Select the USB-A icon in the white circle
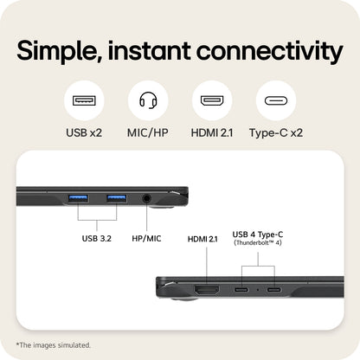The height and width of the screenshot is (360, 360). click(84, 100)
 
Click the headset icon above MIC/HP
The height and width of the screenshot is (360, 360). click(148, 100)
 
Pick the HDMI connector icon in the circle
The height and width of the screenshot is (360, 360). click(212, 100)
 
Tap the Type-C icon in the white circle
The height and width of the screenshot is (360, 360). click(276, 100)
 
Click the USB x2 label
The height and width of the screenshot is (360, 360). click(84, 133)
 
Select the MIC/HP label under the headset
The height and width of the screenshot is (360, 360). click(148, 133)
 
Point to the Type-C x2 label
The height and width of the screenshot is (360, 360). click(276, 133)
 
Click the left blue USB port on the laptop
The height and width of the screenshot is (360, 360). click(78, 199)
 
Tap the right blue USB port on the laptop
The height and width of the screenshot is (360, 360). click(117, 199)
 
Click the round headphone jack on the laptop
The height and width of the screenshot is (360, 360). click(147, 198)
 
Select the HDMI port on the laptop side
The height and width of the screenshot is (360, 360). click(207, 290)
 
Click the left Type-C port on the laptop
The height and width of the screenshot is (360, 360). click(241, 289)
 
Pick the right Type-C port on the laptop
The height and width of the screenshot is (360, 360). click(273, 289)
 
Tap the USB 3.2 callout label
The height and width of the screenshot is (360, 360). click(97, 239)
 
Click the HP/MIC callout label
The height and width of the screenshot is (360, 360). click(146, 239)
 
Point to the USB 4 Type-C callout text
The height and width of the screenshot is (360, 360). click(258, 235)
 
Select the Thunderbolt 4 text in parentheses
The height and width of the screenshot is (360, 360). click(258, 242)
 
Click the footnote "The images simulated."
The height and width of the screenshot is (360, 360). click(54, 345)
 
